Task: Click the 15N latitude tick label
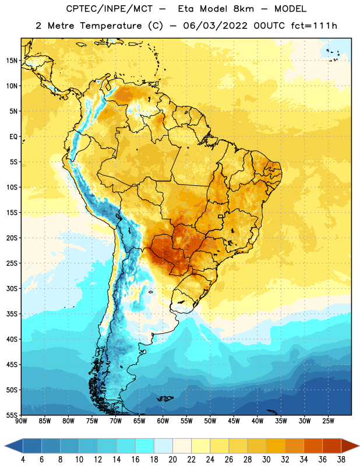(12, 61)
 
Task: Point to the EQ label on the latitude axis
(13, 137)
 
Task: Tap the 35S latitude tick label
(12, 314)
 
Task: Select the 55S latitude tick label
(12, 415)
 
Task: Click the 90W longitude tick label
(21, 421)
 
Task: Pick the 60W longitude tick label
(163, 421)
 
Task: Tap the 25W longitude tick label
(328, 421)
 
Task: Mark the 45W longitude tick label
(234, 421)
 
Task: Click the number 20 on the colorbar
(172, 460)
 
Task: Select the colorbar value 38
(341, 460)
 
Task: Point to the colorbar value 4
(23, 460)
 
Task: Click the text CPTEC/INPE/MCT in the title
(110, 9)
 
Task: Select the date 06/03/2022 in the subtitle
(215, 26)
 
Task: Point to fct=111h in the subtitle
(314, 26)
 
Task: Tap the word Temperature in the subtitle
(111, 26)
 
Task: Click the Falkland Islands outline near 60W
(165, 398)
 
